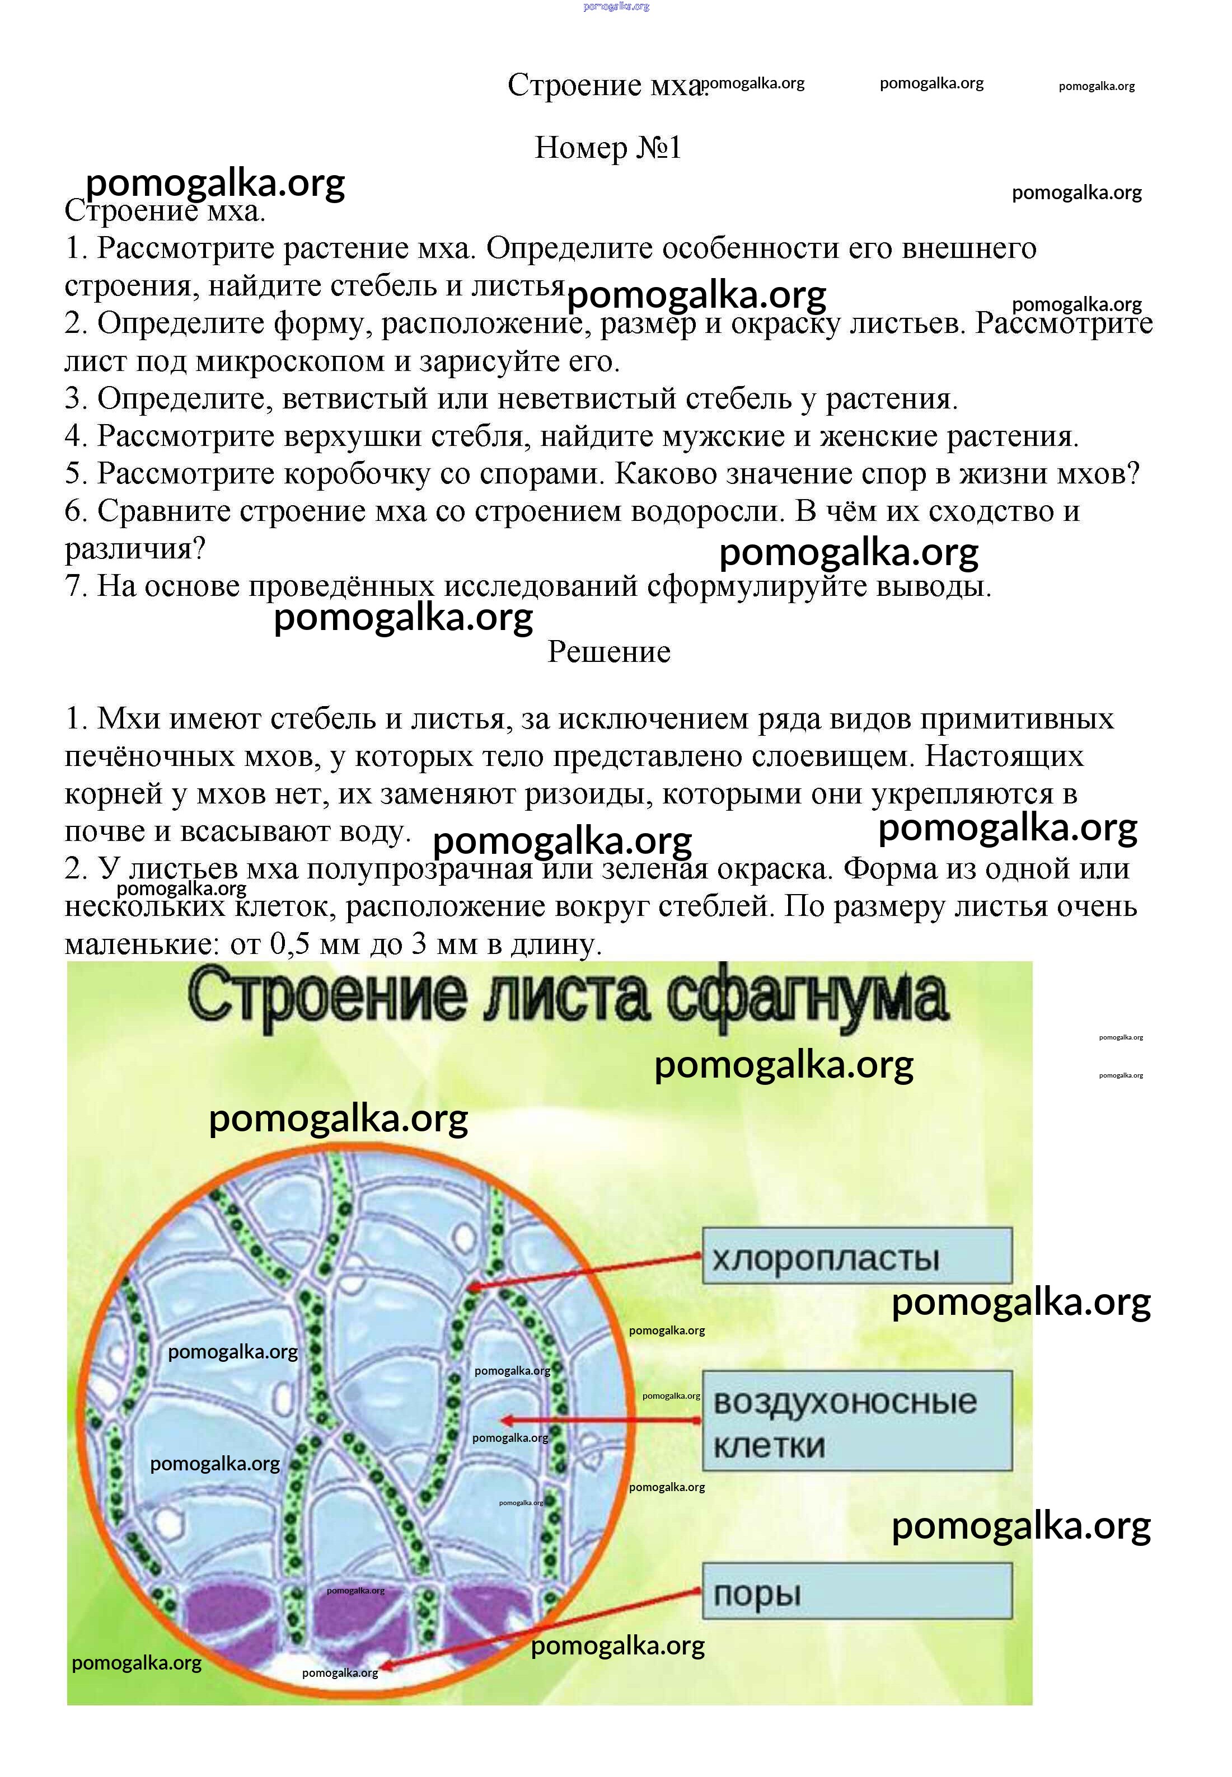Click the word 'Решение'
point(608,652)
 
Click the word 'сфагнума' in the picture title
point(806,998)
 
